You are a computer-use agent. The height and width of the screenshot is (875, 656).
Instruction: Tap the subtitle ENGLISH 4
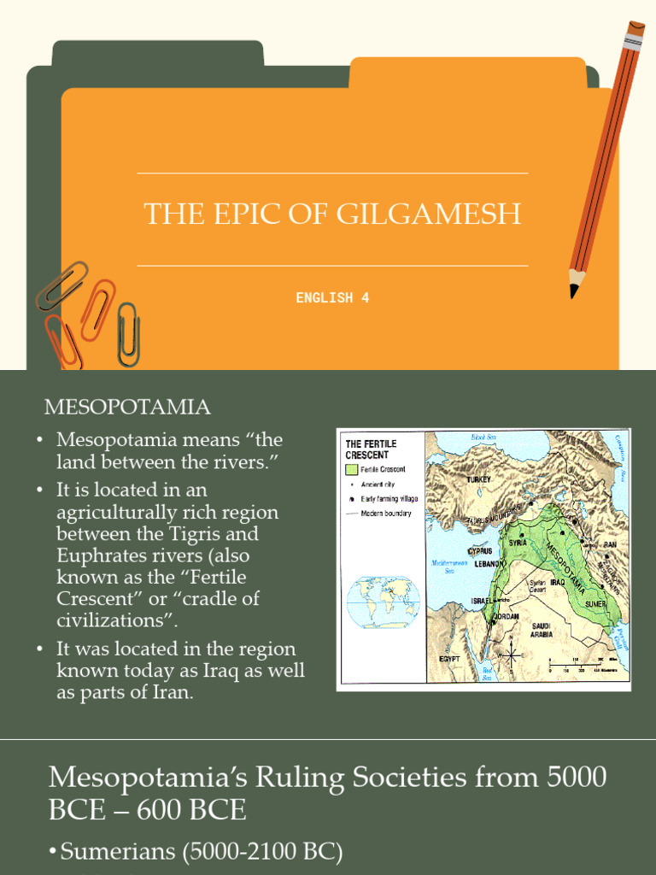point(332,297)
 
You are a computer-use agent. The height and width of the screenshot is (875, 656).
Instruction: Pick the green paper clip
point(128,334)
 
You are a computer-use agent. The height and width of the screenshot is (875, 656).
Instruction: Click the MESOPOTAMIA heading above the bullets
point(127,407)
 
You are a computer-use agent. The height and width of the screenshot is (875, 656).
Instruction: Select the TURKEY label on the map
point(480,480)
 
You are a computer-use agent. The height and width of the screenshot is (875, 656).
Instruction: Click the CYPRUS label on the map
point(479,551)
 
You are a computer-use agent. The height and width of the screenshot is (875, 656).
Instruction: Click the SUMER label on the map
point(596,603)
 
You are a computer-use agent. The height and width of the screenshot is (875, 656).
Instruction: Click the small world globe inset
point(383,601)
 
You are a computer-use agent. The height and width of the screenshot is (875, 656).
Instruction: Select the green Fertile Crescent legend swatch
point(351,470)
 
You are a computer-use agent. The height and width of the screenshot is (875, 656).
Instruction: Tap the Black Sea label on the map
point(485,437)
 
